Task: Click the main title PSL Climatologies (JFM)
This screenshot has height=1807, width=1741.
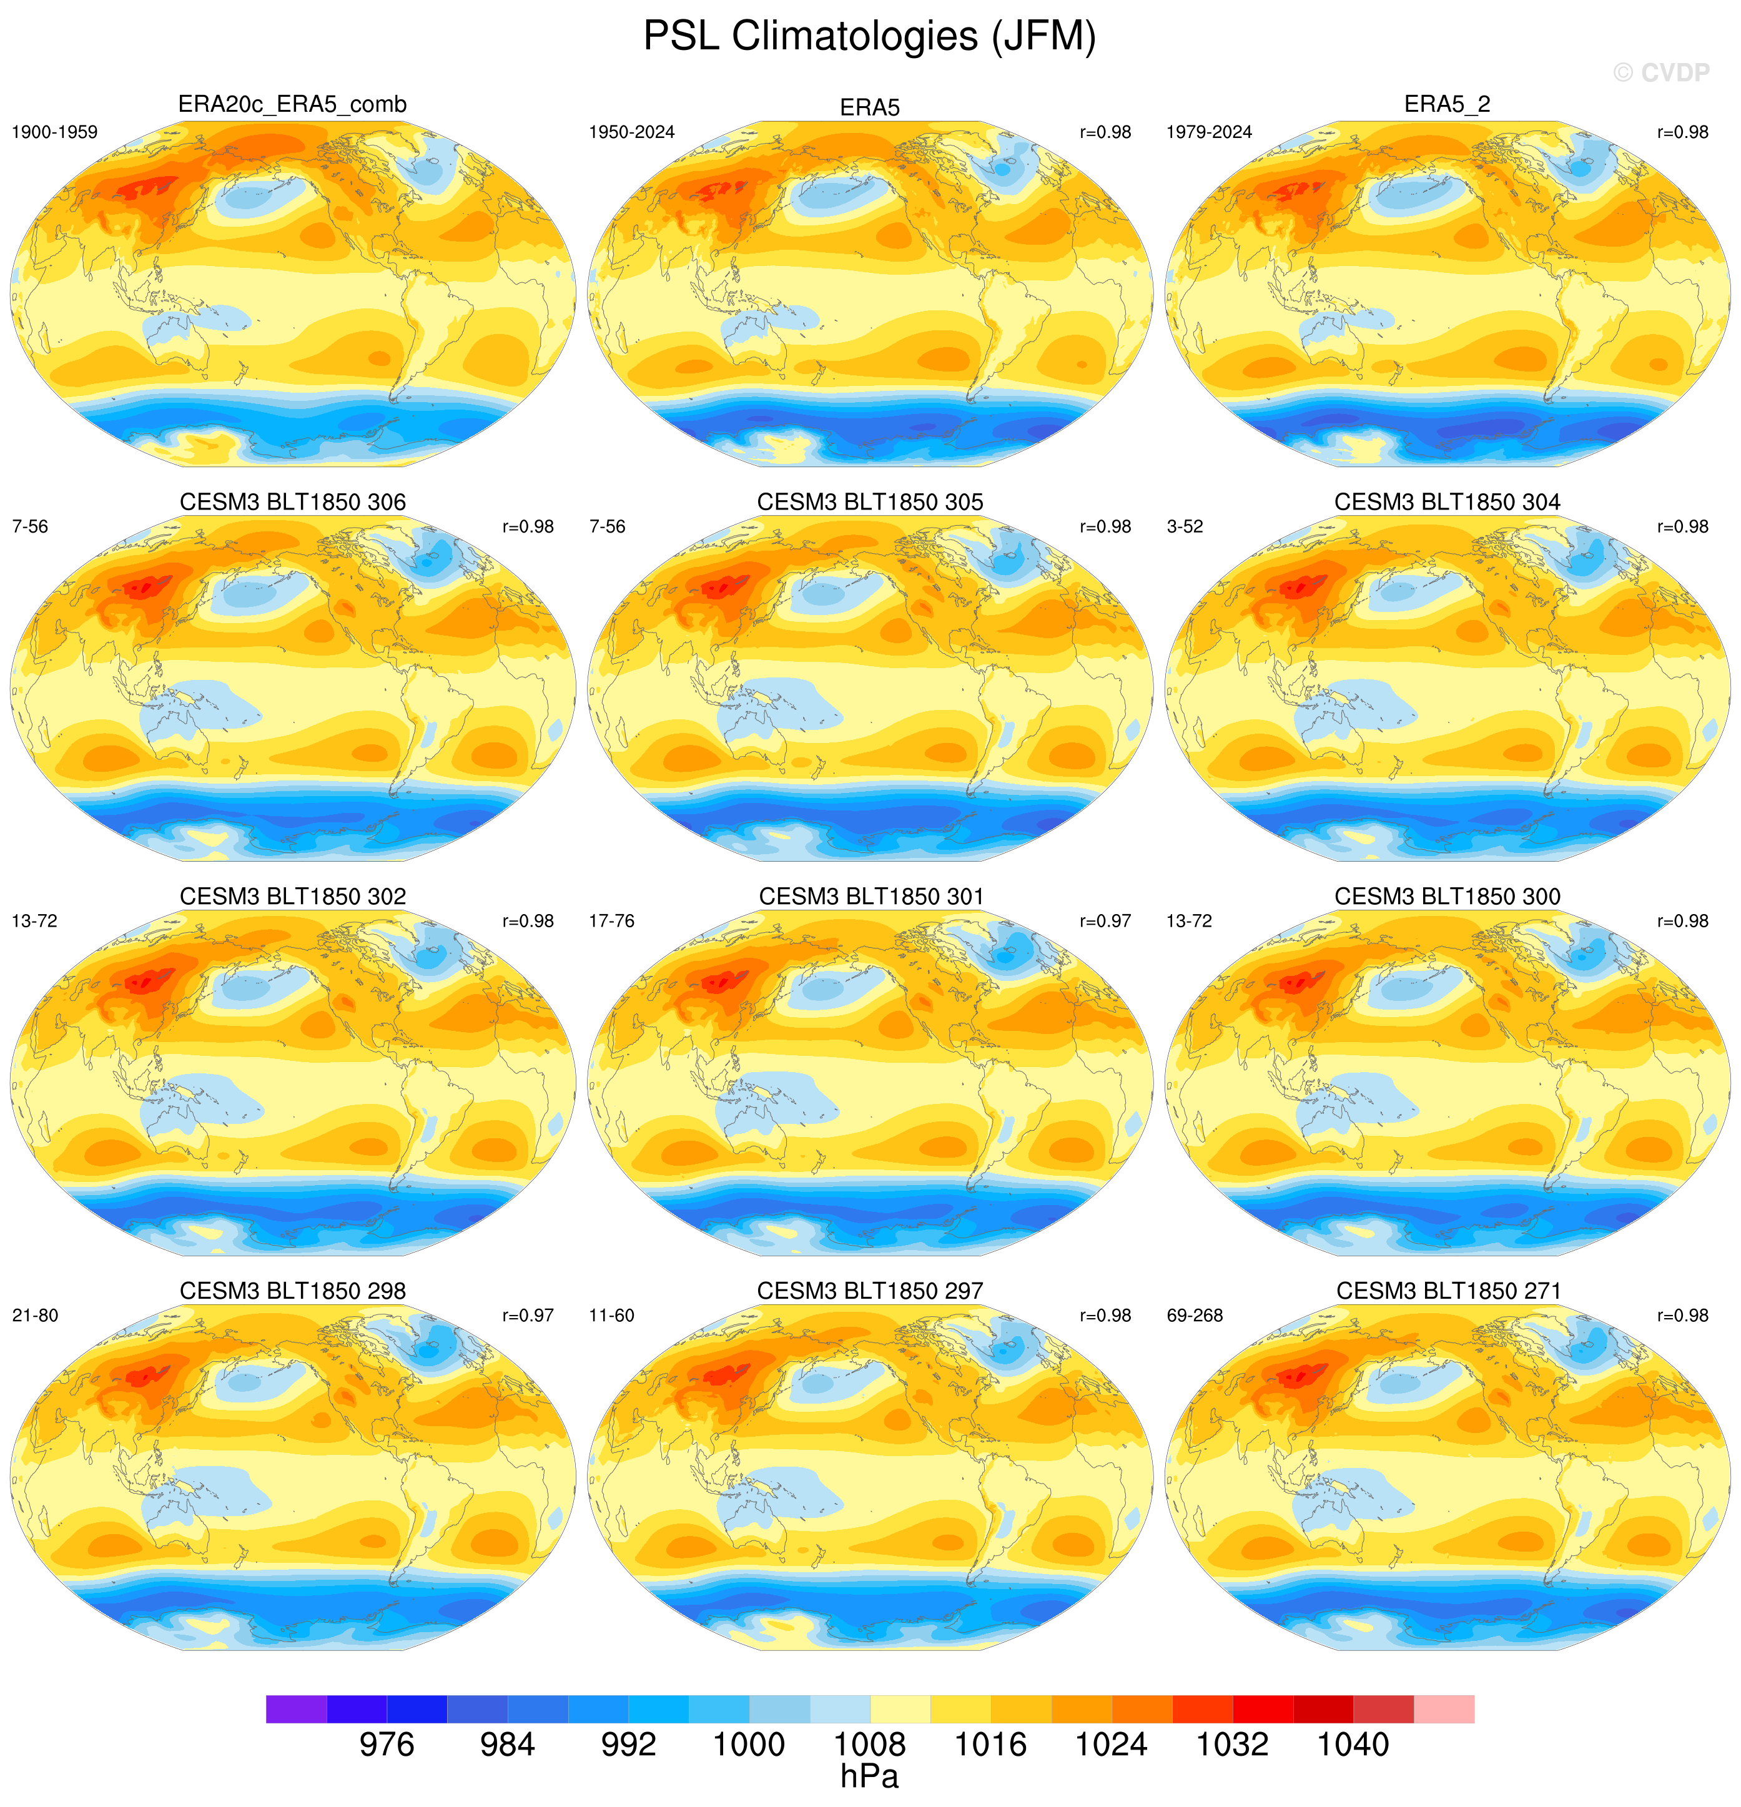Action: point(870,37)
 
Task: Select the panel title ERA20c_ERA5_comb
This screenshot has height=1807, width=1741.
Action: point(292,104)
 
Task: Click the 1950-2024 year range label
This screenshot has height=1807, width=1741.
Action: point(632,132)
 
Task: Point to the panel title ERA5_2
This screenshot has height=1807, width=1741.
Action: point(1447,104)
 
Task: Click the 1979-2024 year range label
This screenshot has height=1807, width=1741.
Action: point(1209,132)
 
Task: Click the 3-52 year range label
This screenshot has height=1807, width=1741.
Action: point(1185,526)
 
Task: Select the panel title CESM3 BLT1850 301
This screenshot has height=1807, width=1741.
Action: point(871,896)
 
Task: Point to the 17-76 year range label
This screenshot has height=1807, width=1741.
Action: point(611,921)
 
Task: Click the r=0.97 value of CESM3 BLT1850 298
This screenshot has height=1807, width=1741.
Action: point(528,1316)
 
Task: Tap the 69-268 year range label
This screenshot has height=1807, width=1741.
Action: point(1194,1316)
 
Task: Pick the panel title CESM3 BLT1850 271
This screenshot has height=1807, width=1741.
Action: point(1448,1291)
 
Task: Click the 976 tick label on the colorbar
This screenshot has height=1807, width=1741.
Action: point(387,1745)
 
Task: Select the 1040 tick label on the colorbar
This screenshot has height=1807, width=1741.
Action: point(1353,1745)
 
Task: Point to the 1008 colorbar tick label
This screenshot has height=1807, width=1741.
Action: point(870,1745)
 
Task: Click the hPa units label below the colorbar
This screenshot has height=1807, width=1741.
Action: point(870,1776)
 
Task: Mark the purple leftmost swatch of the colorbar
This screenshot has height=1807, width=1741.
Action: point(296,1708)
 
